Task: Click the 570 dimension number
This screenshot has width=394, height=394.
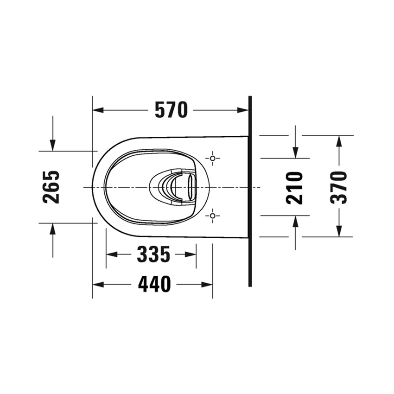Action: (171, 110)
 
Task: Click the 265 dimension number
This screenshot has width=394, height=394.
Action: (51, 187)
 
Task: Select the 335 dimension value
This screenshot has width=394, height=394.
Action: (154, 254)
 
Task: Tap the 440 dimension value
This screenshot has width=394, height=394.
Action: (154, 284)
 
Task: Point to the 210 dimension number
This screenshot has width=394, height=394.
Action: (295, 188)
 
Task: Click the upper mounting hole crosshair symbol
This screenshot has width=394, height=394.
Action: (213, 159)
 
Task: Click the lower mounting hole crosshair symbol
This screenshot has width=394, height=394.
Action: (213, 216)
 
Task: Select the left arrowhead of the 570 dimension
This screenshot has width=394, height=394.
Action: (98, 110)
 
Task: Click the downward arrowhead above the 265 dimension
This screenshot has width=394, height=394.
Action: (52, 145)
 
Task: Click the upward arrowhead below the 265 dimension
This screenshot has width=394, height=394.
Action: (52, 229)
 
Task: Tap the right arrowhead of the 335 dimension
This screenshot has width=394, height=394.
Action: (191, 254)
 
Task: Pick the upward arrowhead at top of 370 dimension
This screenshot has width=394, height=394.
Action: (339, 141)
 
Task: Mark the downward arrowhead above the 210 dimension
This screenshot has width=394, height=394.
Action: (295, 153)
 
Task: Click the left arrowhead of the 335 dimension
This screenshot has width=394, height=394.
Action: (112, 254)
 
